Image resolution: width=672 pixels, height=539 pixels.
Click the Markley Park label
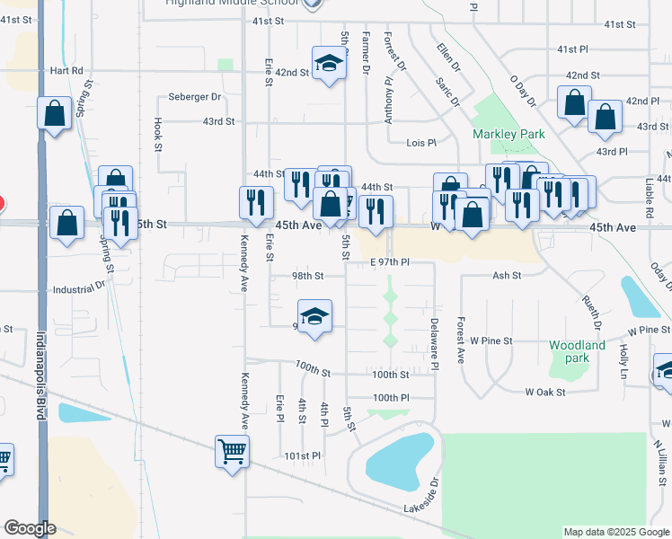(508, 135)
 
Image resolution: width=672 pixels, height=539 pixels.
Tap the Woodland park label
(577, 351)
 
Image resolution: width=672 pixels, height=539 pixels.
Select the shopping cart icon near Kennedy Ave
(233, 451)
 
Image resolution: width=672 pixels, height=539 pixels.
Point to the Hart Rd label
(66, 70)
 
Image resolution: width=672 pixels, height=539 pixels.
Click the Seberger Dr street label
(195, 97)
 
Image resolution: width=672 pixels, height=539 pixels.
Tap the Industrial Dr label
(79, 289)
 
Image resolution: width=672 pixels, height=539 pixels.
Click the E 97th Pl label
(390, 262)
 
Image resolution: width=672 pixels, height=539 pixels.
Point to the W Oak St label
(545, 392)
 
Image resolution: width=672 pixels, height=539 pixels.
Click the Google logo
(31, 528)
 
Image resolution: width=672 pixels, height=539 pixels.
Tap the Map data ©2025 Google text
(615, 532)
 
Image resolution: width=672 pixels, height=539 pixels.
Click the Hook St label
(158, 135)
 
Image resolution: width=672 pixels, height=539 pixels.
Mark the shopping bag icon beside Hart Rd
(55, 114)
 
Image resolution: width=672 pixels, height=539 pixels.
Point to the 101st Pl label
(303, 456)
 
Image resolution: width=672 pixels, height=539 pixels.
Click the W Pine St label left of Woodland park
(491, 341)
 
